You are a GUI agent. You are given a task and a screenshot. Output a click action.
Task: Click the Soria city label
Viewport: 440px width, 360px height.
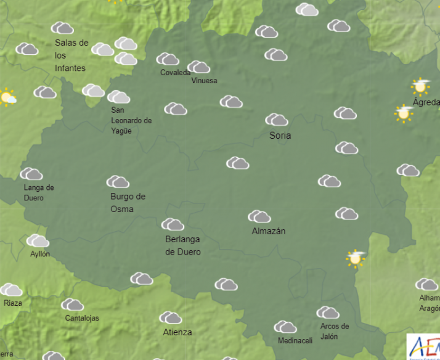(280, 136)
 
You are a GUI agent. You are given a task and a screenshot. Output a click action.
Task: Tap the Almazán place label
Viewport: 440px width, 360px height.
(269, 231)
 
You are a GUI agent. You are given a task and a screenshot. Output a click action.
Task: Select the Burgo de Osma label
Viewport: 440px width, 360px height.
(128, 203)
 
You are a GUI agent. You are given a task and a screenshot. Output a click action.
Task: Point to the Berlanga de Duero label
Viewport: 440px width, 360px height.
(183, 245)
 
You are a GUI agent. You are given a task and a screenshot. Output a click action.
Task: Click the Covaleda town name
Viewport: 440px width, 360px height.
(176, 73)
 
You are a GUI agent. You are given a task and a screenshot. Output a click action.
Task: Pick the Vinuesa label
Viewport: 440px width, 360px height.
(205, 81)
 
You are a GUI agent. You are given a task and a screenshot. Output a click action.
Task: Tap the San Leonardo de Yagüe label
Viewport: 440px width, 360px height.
(131, 120)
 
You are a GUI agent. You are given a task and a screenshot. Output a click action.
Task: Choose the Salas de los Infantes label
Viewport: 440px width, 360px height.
(71, 55)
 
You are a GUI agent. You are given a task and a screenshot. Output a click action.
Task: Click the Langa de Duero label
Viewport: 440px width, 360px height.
(39, 193)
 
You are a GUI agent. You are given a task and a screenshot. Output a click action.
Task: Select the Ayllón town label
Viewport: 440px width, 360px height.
(40, 254)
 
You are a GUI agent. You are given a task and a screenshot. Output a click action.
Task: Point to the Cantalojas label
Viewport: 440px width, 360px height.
(82, 318)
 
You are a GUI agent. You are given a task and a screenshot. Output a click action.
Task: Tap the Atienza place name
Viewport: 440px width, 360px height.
(177, 332)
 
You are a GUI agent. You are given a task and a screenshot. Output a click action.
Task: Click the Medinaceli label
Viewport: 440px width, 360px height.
(295, 341)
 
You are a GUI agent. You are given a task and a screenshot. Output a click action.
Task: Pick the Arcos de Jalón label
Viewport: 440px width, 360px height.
(335, 331)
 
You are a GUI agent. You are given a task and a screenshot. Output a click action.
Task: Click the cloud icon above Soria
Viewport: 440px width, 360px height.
(277, 120)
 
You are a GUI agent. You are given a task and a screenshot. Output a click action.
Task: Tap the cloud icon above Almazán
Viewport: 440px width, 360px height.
(259, 216)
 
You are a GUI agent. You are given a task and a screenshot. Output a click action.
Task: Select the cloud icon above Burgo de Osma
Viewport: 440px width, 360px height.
(118, 182)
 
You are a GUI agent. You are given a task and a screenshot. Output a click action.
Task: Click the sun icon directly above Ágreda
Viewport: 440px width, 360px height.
(421, 86)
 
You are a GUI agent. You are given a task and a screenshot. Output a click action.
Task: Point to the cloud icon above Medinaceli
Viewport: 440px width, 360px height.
(285, 327)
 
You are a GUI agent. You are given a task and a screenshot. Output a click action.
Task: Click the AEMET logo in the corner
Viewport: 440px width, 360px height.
(423, 346)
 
